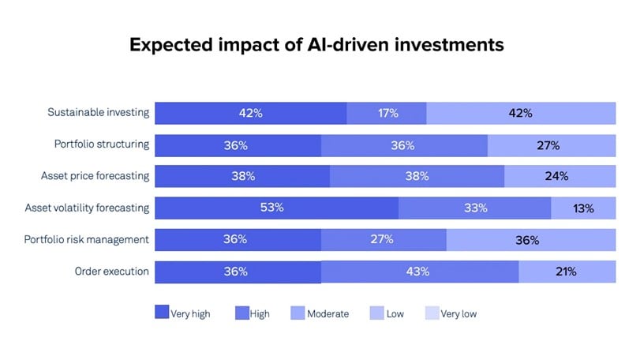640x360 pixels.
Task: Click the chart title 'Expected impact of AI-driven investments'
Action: pos(316,45)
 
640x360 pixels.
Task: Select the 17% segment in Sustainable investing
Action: pos(387,113)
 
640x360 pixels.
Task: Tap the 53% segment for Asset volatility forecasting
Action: pos(276,208)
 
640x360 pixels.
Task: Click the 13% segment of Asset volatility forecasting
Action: pos(583,208)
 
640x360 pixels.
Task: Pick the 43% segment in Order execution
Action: pos(420,272)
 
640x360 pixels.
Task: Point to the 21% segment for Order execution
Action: pos(567,272)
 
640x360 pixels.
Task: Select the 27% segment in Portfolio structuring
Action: pos(551,145)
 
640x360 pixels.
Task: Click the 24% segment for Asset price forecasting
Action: pos(560,177)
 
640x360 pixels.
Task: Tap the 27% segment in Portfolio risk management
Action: pos(384,240)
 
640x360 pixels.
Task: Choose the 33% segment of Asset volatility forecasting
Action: pos(475,208)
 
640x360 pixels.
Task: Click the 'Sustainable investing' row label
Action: pos(99,112)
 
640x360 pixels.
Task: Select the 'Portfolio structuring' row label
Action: pos(101,144)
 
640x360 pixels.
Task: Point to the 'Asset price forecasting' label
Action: pos(95,176)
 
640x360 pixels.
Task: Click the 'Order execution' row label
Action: pos(112,271)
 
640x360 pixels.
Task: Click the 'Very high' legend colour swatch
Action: pos(161,313)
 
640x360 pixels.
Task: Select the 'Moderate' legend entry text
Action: pos(328,313)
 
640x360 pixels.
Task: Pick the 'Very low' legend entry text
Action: pos(458,313)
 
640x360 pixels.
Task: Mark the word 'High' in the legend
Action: pos(260,313)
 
